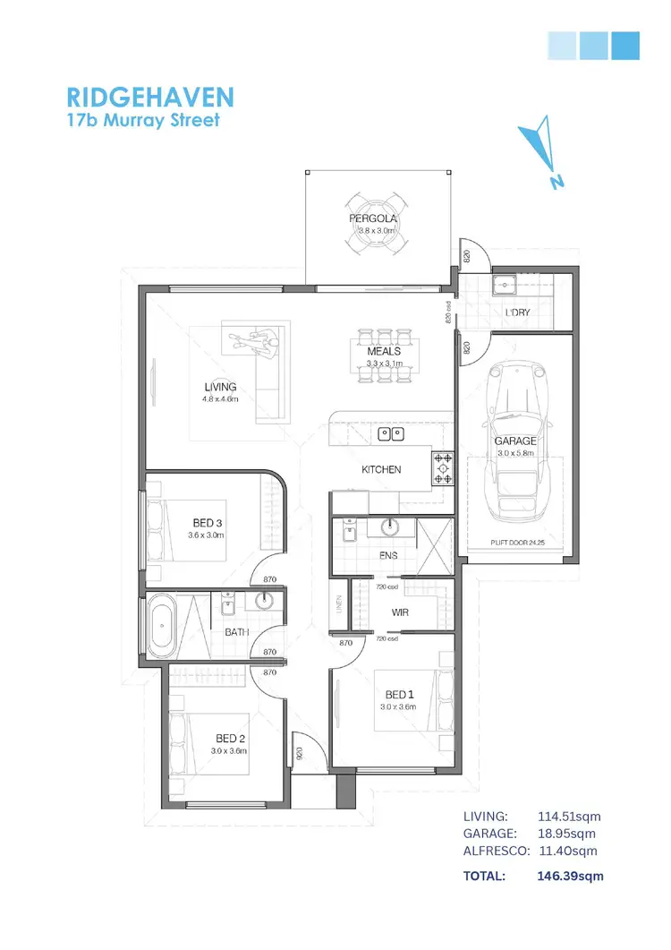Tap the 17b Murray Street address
point(143,120)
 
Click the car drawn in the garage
point(514,439)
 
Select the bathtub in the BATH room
point(162,624)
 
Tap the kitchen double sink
point(391,434)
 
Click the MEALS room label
point(384,352)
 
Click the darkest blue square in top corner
point(625,45)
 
